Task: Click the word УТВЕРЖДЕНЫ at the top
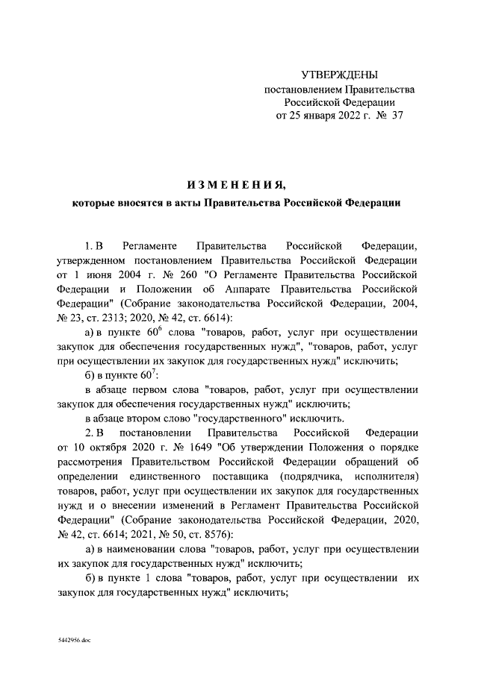click(x=339, y=75)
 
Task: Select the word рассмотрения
click(x=92, y=462)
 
